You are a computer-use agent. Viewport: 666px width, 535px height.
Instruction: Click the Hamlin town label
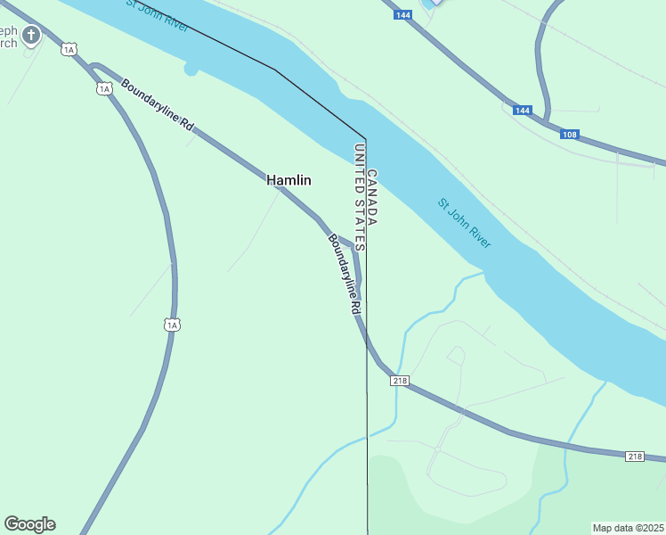point(289,180)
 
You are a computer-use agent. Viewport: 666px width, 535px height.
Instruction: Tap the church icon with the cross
point(31,36)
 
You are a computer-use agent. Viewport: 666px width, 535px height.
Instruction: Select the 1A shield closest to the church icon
point(69,49)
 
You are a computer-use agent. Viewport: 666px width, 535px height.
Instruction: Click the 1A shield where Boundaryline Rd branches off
point(105,88)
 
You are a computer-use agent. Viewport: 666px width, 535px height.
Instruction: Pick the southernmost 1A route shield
point(172,325)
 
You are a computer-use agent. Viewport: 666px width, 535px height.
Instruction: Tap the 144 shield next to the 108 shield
point(523,111)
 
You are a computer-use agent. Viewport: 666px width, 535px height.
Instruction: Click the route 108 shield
point(570,135)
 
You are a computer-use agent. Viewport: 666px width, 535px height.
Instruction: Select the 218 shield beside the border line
point(399,381)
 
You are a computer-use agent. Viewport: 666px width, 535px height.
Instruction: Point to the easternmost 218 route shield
point(634,457)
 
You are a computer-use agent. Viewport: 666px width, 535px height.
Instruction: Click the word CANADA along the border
point(372,197)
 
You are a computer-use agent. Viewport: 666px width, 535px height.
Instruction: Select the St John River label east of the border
point(464,223)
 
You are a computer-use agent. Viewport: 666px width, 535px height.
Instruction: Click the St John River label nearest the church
point(157,15)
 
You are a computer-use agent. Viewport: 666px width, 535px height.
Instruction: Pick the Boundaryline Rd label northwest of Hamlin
point(158,106)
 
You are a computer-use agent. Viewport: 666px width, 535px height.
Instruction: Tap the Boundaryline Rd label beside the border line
point(344,273)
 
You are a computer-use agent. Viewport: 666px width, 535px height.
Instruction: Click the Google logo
point(29,524)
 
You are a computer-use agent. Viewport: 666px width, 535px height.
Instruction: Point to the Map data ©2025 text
point(628,528)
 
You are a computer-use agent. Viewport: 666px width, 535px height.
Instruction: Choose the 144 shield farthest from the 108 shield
point(403,15)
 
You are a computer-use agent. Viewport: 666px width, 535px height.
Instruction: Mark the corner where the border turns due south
point(365,138)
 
